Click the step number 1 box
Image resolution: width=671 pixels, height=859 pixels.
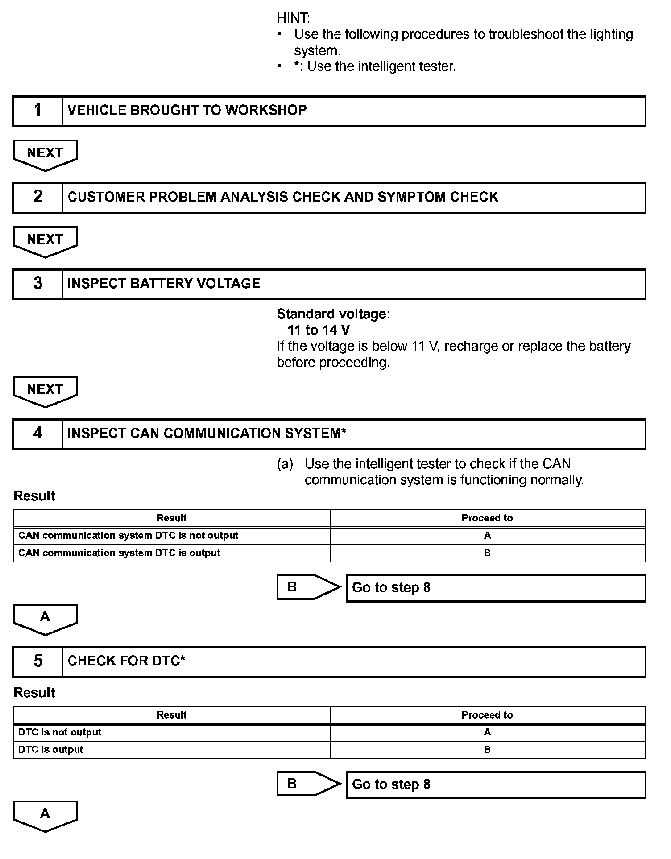point(38,111)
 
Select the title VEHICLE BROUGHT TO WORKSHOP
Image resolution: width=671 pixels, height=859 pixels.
point(187,111)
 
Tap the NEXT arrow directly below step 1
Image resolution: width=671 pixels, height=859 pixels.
point(45,154)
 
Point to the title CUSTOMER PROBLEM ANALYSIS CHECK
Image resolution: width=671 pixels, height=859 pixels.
point(282,197)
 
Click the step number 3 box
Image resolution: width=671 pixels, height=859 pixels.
point(38,284)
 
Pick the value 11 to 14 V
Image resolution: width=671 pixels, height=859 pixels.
point(319,330)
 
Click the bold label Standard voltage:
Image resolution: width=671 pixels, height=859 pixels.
point(333,314)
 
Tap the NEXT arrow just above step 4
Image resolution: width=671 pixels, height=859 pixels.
point(45,390)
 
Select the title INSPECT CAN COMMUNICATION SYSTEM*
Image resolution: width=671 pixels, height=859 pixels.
point(207,434)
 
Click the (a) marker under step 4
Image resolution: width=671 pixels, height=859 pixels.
point(285,464)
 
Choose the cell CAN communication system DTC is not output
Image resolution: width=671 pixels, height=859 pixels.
point(128,535)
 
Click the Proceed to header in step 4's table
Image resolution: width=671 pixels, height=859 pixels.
point(487,518)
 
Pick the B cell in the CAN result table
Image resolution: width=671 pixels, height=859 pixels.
point(487,553)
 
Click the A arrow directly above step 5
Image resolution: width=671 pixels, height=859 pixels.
point(45,618)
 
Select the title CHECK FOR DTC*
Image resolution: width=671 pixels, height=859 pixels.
point(126,661)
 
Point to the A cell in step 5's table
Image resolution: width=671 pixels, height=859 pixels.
point(487,732)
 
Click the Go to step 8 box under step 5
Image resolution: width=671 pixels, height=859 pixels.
point(496,785)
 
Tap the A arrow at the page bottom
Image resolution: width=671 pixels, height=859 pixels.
point(45,815)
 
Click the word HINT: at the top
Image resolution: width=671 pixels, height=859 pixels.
point(293,18)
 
